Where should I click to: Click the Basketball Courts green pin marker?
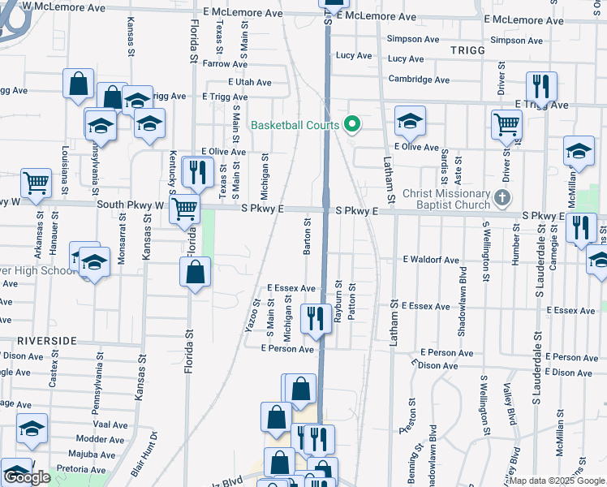351,125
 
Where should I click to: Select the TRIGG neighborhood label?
467,50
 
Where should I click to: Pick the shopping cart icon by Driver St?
506,124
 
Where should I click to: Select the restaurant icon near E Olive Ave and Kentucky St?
197,170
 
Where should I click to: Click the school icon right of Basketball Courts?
411,121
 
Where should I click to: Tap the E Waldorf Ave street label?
430,260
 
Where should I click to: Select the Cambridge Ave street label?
419,80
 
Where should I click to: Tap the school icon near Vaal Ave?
32,429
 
